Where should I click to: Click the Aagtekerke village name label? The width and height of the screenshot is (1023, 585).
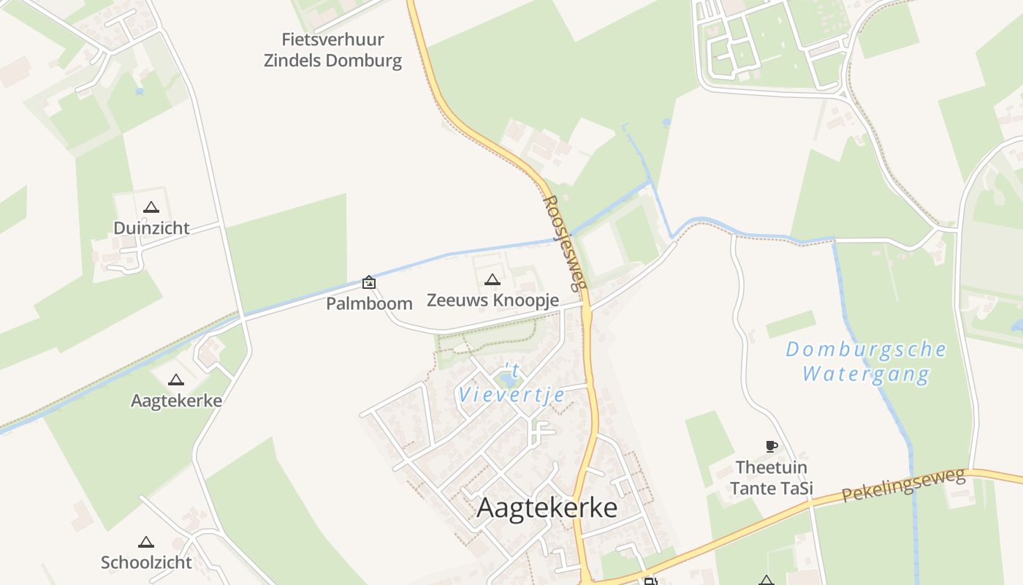[x=547, y=507]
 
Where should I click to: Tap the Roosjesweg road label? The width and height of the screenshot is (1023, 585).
[x=566, y=242]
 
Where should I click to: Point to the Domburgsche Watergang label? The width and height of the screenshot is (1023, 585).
[x=866, y=361]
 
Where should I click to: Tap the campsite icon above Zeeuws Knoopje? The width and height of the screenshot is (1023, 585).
[x=493, y=279]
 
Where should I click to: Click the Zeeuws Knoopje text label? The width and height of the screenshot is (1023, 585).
[x=493, y=300]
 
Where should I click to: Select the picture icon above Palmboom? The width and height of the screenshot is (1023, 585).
[x=369, y=282]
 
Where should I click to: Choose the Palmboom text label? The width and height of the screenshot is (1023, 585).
[x=369, y=303]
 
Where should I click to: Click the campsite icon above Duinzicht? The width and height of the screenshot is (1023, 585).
[x=151, y=208]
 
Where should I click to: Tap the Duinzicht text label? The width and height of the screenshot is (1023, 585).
[x=151, y=228]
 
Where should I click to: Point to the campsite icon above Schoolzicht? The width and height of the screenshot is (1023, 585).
[x=146, y=543]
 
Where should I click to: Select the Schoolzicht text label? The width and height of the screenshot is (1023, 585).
[x=146, y=562]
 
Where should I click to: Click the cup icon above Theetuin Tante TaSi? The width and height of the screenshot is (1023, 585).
[x=771, y=446]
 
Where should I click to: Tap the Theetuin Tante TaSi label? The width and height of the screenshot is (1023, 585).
[x=772, y=478]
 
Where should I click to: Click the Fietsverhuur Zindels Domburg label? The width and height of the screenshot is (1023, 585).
[x=332, y=50]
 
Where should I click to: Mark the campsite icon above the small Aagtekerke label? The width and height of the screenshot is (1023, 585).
[x=175, y=380]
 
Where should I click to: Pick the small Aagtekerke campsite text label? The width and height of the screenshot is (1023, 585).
[x=176, y=401]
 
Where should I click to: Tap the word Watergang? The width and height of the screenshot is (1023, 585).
[x=866, y=375]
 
